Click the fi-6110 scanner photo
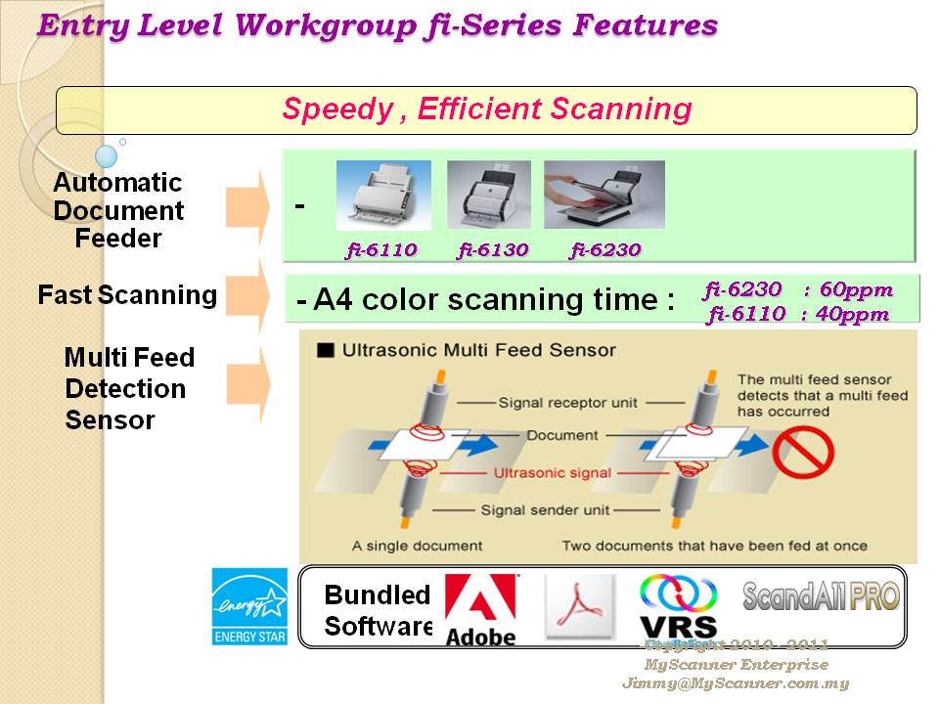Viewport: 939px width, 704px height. (383, 195)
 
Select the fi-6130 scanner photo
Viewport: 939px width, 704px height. (489, 195)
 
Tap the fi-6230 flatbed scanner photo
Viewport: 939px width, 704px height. (604, 195)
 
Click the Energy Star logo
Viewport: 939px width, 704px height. (249, 607)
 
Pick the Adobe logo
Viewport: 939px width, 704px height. (480, 609)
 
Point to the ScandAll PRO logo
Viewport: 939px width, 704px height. (821, 595)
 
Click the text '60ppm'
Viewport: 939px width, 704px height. (855, 289)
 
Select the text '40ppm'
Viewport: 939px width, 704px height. (855, 314)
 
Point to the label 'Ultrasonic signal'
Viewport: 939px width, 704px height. (554, 473)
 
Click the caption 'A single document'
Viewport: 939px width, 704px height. (417, 546)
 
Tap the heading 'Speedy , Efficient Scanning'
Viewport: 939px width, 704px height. (486, 110)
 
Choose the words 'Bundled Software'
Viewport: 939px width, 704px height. (378, 610)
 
